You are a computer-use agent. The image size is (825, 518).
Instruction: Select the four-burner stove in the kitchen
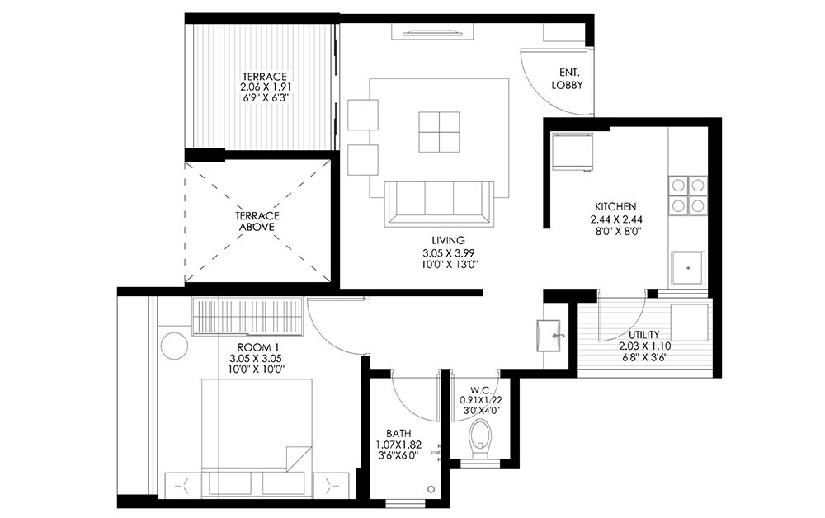(x=687, y=195)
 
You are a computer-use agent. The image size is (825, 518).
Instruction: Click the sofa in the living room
(x=439, y=202)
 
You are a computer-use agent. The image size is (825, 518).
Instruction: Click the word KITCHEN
(x=615, y=206)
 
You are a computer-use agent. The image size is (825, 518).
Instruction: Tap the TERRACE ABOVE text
(x=253, y=220)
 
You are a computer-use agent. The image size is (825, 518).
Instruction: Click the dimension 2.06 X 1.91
(x=264, y=87)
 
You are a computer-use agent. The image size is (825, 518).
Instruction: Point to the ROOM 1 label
(x=254, y=347)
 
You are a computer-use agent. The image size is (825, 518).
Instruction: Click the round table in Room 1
(x=174, y=345)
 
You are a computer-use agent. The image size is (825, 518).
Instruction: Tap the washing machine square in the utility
(x=689, y=321)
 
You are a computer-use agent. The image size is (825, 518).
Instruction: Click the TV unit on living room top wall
(x=438, y=33)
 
